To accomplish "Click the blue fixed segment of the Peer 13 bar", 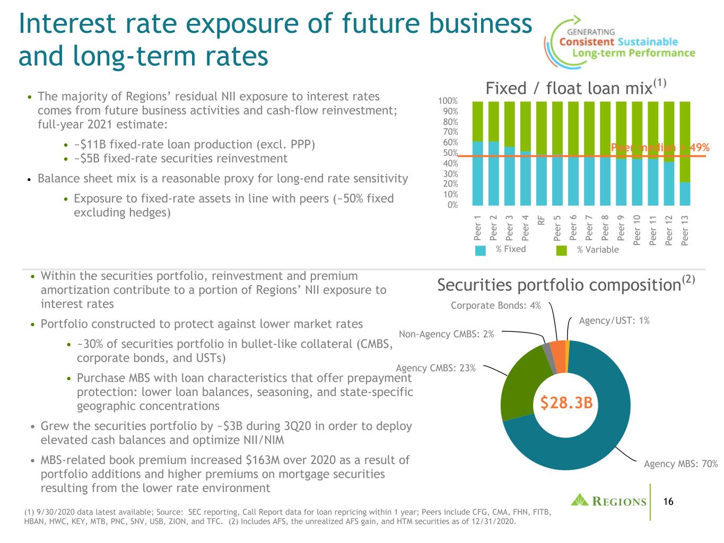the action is point(685,194).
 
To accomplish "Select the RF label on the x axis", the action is point(541,220).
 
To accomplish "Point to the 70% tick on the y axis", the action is point(450,132).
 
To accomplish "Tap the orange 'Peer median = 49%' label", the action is point(660,147).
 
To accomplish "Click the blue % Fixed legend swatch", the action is point(480,250).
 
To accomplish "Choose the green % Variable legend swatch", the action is point(561,250).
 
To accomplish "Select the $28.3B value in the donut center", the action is point(566,402).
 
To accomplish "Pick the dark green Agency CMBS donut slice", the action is point(521,382).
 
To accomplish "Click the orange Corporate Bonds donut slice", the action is point(558,356).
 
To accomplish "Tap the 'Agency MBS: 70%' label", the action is point(681,463).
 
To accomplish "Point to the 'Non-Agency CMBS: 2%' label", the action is point(446,334).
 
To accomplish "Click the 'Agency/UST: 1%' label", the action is point(614,320).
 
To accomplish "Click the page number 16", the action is point(668,502).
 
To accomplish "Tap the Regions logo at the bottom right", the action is point(608,500).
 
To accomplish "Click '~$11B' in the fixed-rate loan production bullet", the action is point(90,144).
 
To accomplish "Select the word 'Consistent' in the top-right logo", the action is point(587,42).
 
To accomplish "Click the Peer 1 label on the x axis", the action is point(477,228).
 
